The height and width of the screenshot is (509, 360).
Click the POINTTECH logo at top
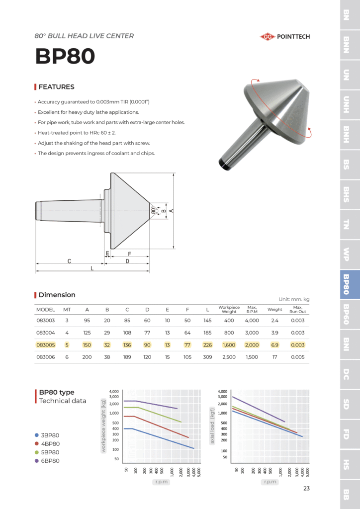pyautogui.click(x=284, y=36)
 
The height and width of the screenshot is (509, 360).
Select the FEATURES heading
pyautogui.click(x=56, y=87)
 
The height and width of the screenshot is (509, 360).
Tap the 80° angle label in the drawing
pyautogui.click(x=153, y=210)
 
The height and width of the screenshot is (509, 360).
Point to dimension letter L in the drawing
pyautogui.click(x=92, y=268)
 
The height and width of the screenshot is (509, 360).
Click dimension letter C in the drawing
pyautogui.click(x=70, y=261)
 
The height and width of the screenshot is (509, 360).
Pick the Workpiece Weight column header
pyautogui.click(x=229, y=310)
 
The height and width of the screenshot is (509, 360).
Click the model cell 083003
pyautogui.click(x=46, y=321)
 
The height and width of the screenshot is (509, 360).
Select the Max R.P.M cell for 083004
pyautogui.click(x=252, y=333)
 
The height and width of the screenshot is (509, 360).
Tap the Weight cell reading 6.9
pyautogui.click(x=274, y=345)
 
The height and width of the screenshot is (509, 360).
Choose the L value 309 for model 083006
pyautogui.click(x=207, y=357)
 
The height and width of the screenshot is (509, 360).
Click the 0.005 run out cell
pyautogui.click(x=298, y=357)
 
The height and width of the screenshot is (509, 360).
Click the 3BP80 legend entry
pyautogui.click(x=50, y=435)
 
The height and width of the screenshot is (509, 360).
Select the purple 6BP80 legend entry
pyautogui.click(x=50, y=461)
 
